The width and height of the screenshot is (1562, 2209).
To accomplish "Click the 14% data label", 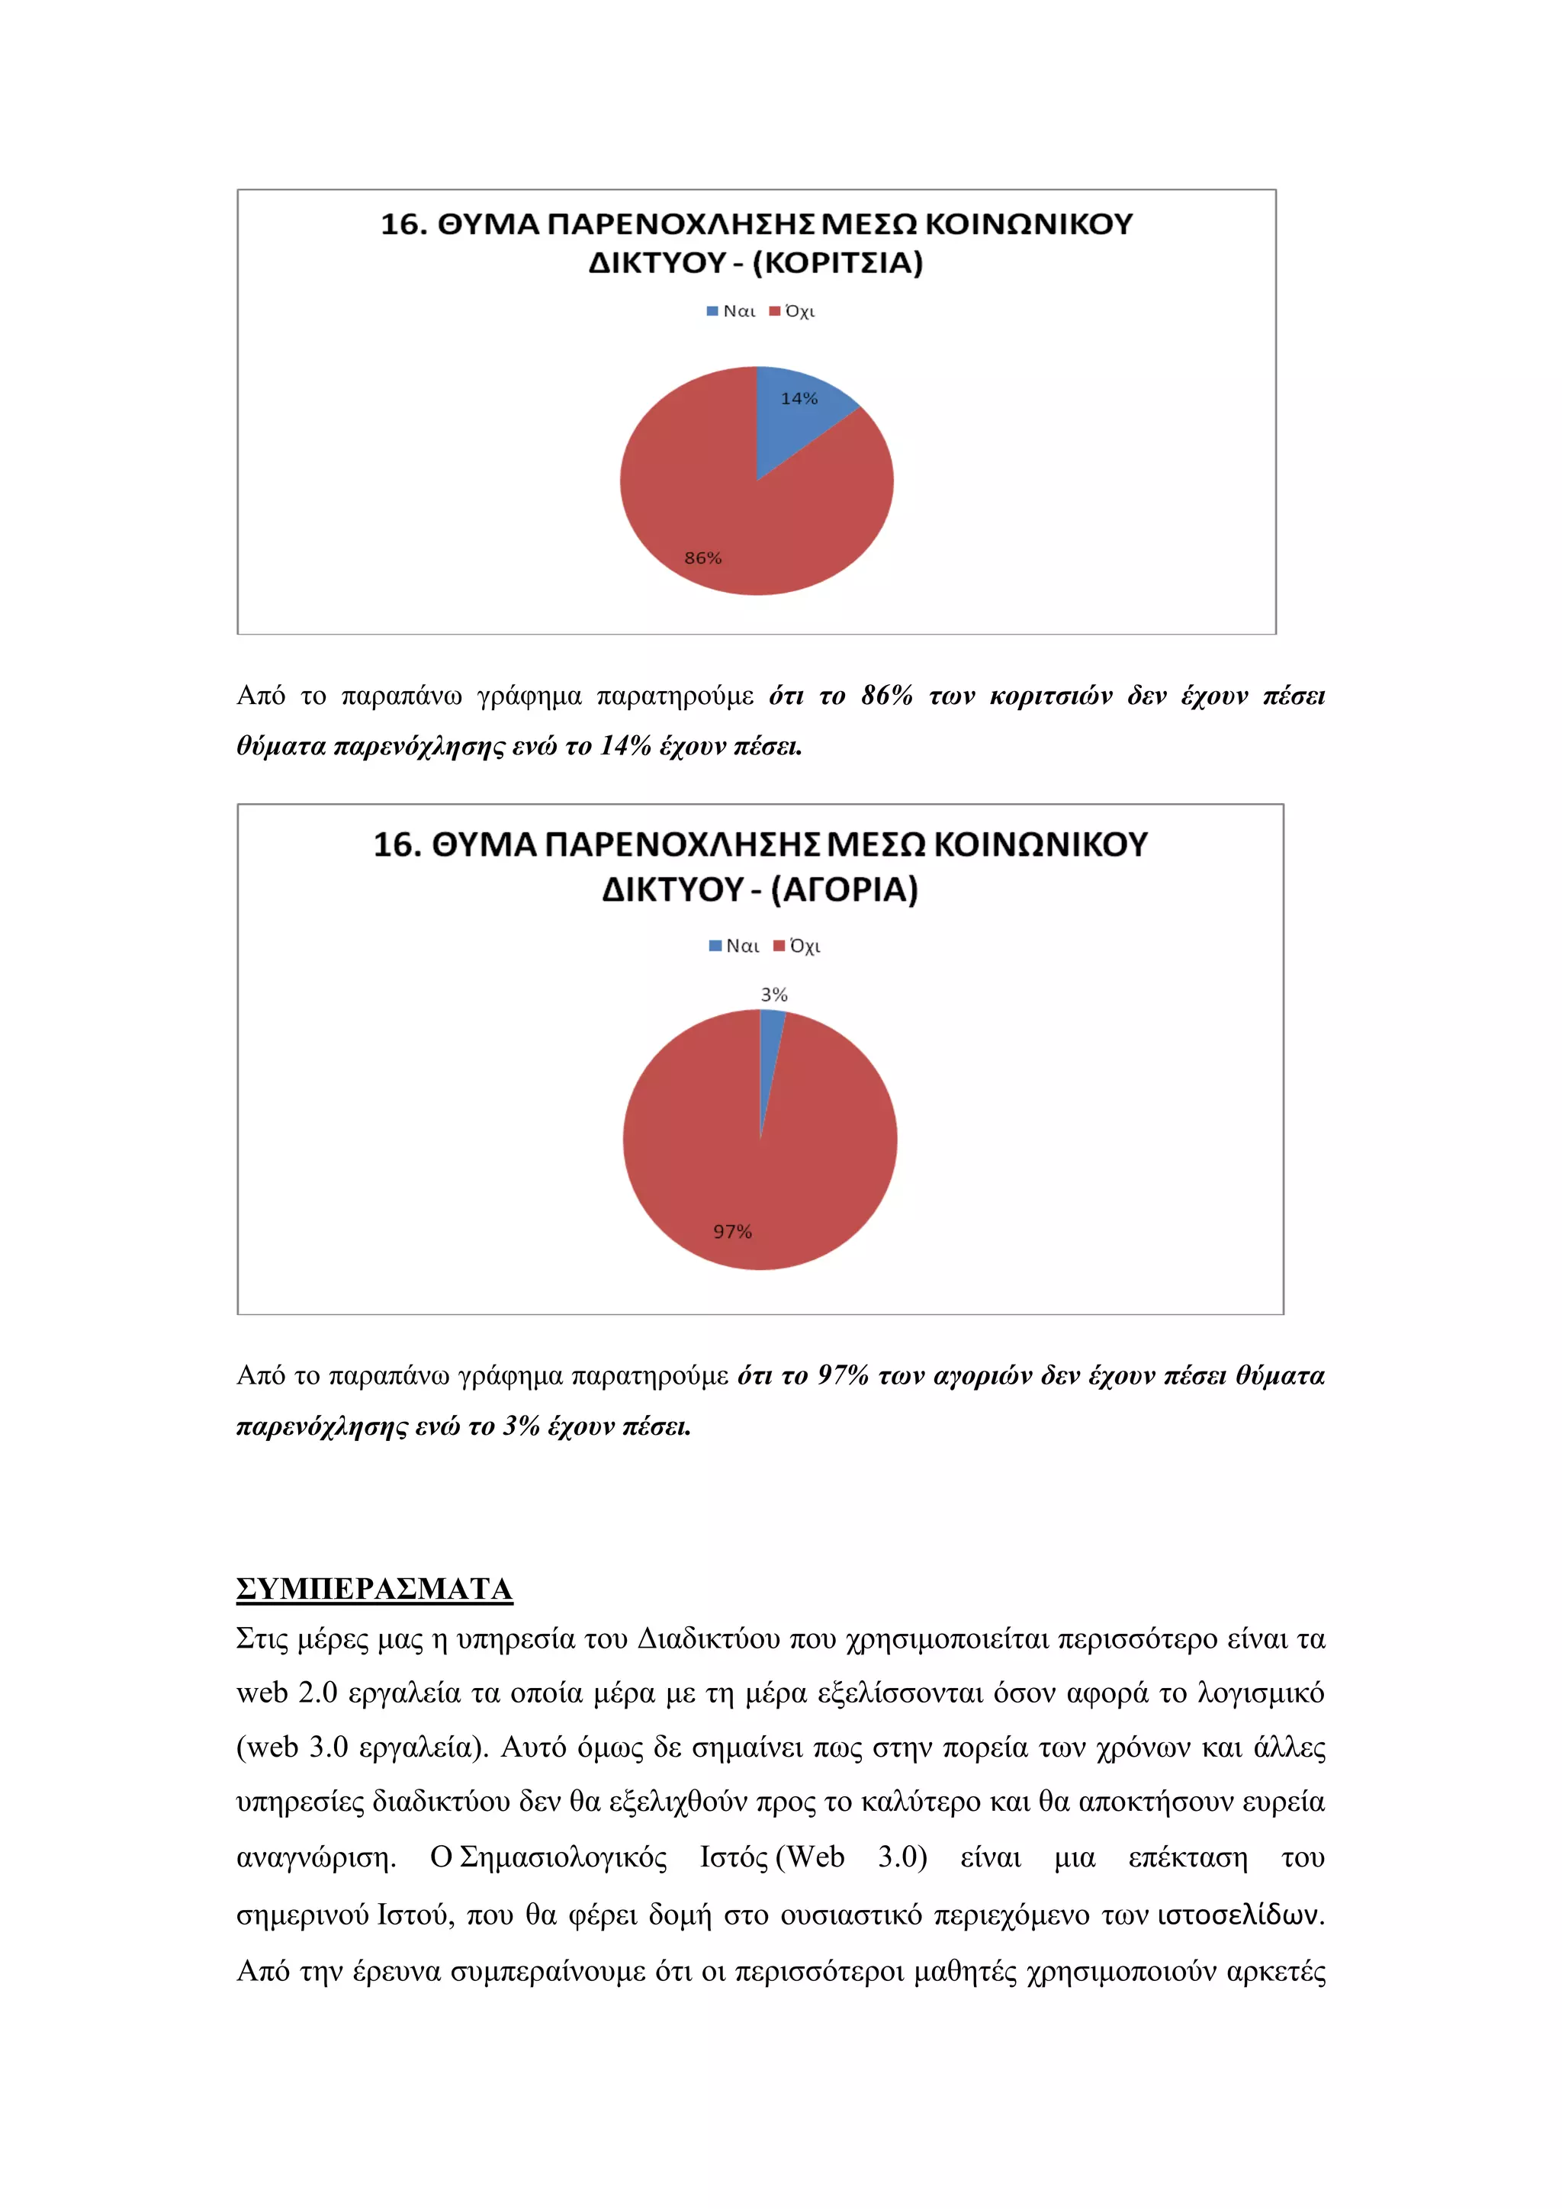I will tap(799, 398).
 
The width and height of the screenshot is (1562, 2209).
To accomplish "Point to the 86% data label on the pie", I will tap(703, 558).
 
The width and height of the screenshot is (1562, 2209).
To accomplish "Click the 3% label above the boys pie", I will tap(774, 995).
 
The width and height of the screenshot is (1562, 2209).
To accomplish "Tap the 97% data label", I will tap(732, 1231).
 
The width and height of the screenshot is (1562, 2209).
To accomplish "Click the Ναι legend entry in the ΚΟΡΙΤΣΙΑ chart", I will tap(732, 312).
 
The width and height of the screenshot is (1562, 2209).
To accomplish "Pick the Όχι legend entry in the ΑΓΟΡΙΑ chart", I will tap(799, 947).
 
